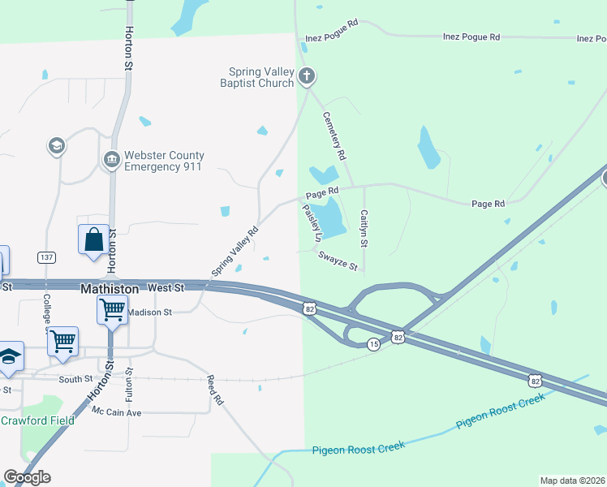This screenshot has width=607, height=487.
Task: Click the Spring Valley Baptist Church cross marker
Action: pyautogui.click(x=306, y=77)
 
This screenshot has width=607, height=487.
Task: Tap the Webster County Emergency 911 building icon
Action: pyautogui.click(x=111, y=159)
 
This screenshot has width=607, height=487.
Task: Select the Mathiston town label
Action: pyautogui.click(x=110, y=288)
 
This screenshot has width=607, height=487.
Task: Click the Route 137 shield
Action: pyautogui.click(x=46, y=257)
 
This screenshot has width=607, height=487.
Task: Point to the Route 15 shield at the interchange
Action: pyautogui.click(x=373, y=345)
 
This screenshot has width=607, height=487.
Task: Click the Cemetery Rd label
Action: pyautogui.click(x=334, y=135)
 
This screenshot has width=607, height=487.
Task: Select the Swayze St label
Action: pyautogui.click(x=338, y=260)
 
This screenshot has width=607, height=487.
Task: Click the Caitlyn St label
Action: pyautogui.click(x=364, y=230)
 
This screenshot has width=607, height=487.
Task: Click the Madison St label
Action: pyautogui.click(x=150, y=312)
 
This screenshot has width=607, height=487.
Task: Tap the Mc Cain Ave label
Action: pyautogui.click(x=116, y=412)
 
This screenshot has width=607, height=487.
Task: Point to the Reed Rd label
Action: pyautogui.click(x=214, y=390)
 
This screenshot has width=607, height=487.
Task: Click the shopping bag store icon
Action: pyautogui.click(x=93, y=240)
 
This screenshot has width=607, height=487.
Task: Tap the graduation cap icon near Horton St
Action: pyautogui.click(x=56, y=146)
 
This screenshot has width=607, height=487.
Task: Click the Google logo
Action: pyautogui.click(x=27, y=477)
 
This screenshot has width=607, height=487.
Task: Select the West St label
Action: pyautogui.click(x=166, y=288)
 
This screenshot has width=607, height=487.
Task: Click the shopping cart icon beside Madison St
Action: pyautogui.click(x=112, y=308)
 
